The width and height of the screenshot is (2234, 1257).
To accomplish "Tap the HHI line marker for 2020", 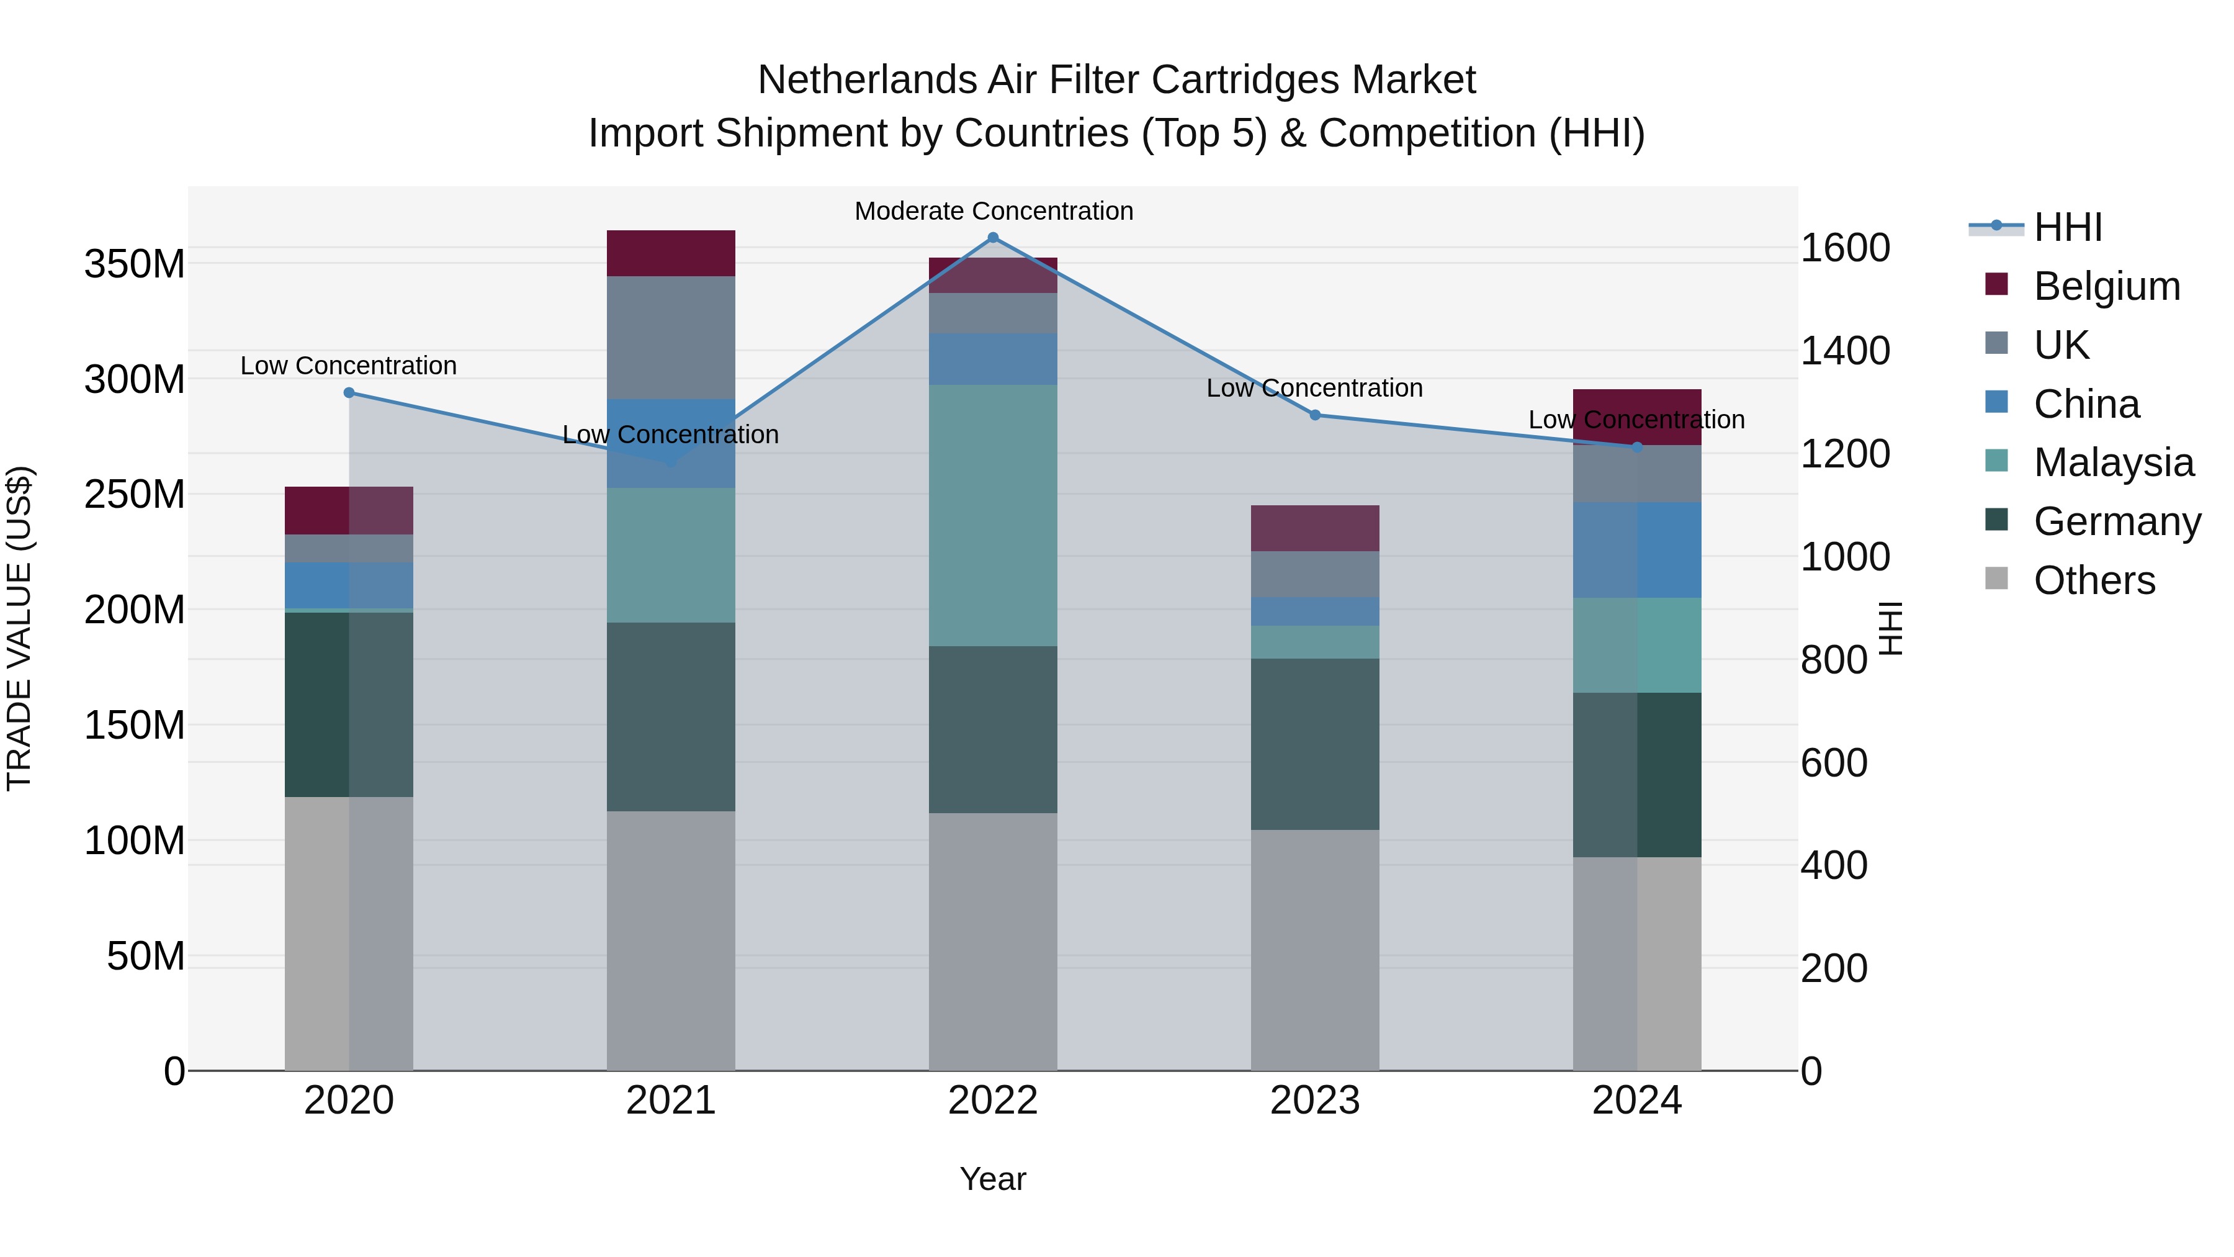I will tap(349, 393).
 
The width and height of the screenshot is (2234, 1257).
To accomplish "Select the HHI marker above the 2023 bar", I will tap(1315, 415).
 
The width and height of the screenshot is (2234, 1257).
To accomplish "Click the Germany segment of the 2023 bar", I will tap(1315, 744).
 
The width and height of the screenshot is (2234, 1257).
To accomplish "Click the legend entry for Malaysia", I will tap(2114, 462).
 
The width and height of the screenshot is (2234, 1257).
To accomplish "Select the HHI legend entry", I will tap(2068, 227).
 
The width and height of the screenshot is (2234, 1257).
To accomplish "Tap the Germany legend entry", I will tap(2117, 521).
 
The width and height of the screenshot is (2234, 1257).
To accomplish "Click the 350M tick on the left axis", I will tap(135, 264).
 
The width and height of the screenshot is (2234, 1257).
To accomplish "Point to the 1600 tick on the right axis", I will tap(1845, 248).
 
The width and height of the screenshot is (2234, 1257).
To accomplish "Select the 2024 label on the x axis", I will tap(1636, 1101).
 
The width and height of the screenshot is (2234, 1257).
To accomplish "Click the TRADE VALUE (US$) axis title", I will tap(20, 628).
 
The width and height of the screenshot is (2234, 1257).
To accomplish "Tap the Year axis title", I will tap(993, 1179).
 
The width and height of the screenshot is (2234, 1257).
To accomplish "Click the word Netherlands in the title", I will tap(868, 80).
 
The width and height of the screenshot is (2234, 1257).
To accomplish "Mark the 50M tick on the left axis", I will tap(146, 956).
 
